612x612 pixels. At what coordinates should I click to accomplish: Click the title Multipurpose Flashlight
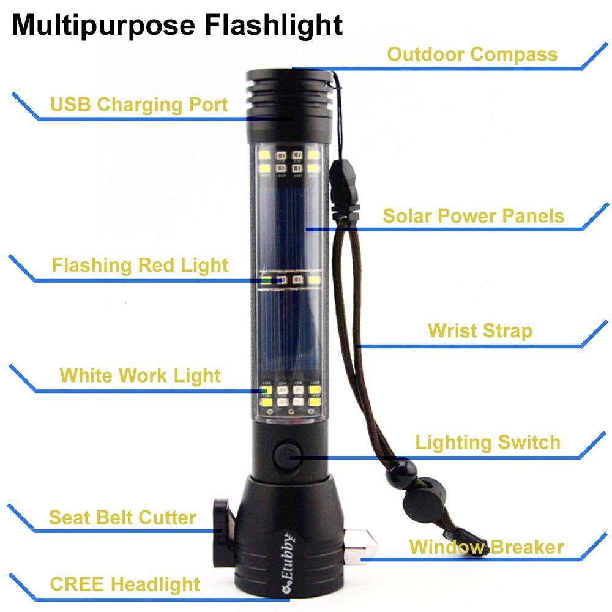coord(177,25)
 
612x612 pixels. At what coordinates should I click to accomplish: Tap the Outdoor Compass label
coord(472,54)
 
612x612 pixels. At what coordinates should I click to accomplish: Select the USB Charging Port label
coord(139,105)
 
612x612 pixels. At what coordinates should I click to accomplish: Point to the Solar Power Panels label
coord(474,216)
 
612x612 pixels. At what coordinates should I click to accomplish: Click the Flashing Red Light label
coord(140,266)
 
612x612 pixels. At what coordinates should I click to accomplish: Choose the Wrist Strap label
coord(480,331)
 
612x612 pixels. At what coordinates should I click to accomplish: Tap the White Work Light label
coord(140,376)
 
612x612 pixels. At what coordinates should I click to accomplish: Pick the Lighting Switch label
coord(488,442)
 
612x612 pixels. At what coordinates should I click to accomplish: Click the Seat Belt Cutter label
coord(122,518)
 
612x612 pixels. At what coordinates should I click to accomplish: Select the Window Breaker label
coord(487,547)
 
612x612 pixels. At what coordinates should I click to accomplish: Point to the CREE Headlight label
coord(125,584)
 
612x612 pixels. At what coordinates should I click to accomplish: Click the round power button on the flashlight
coord(288,455)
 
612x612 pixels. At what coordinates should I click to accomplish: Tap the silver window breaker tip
coord(361,547)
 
